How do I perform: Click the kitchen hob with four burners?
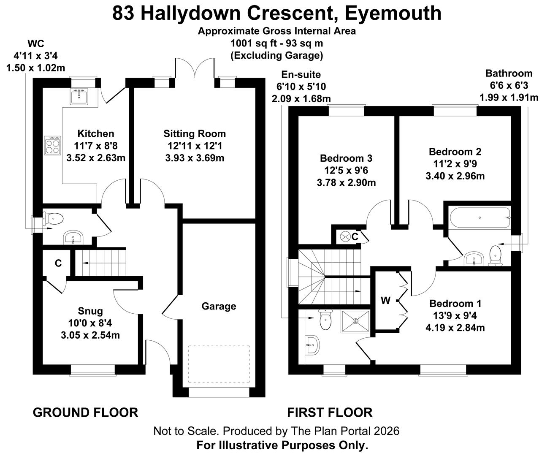[52, 146]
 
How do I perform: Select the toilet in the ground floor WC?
[54, 219]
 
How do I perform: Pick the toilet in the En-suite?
[325, 321]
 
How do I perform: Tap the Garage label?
[219, 306]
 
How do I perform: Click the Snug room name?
[90, 311]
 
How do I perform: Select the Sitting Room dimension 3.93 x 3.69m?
[195, 158]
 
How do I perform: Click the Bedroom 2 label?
[455, 152]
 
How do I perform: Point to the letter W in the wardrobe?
[385, 301]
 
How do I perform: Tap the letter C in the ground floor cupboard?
[58, 263]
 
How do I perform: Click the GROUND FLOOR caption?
[85, 412]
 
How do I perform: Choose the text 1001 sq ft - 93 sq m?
[277, 43]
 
